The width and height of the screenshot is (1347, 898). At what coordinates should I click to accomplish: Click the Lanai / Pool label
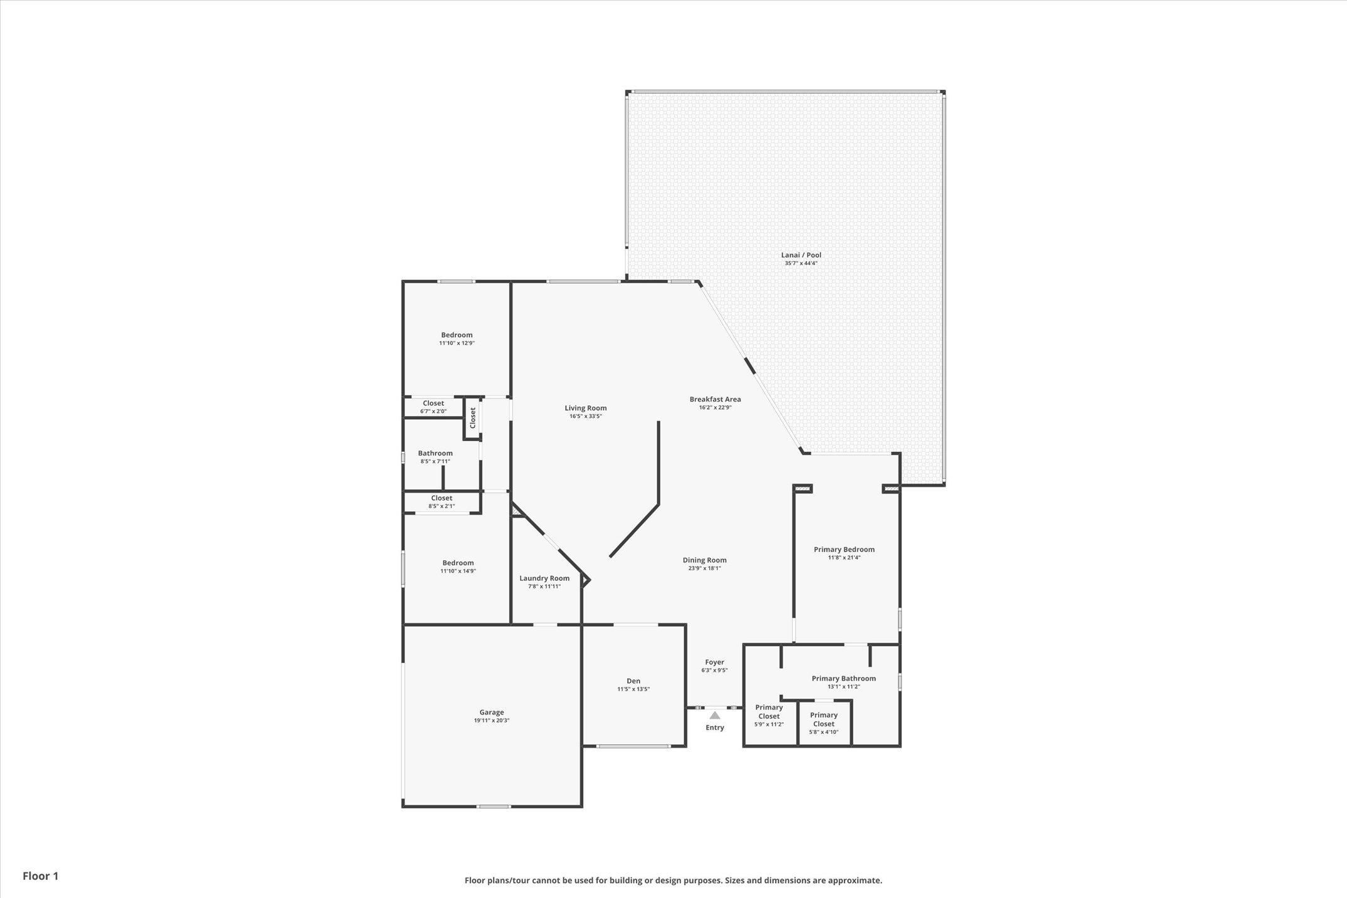801,255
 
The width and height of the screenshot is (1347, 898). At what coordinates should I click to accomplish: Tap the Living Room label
586,408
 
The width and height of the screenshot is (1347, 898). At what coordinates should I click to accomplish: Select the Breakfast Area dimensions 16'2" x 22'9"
715,407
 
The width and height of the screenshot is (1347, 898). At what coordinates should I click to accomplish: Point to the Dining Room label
705,560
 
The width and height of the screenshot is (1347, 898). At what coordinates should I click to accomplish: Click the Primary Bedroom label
844,550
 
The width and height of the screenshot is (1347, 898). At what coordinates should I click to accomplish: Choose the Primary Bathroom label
844,678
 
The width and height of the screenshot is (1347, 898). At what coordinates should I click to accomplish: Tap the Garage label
492,712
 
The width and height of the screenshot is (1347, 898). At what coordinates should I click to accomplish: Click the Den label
633,681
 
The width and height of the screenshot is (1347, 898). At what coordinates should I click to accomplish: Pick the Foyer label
715,662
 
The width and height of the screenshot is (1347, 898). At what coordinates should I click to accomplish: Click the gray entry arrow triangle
715,715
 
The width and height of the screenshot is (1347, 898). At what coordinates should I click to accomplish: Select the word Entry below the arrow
715,728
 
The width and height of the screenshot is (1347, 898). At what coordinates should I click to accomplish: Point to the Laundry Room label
544,578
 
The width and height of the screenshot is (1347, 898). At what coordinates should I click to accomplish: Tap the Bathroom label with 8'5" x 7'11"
435,453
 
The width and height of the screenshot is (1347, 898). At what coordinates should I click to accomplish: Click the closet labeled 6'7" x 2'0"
434,407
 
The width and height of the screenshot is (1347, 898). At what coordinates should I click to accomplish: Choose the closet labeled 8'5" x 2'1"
442,501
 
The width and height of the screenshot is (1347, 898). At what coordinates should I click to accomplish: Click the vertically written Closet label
473,417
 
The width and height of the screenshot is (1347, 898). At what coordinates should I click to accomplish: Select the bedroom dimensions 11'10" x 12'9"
457,343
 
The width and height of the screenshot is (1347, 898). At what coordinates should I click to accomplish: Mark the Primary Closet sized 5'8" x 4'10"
824,723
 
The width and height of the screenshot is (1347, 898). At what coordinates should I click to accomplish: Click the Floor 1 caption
41,876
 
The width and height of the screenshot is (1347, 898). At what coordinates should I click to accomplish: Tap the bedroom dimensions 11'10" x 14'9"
458,571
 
